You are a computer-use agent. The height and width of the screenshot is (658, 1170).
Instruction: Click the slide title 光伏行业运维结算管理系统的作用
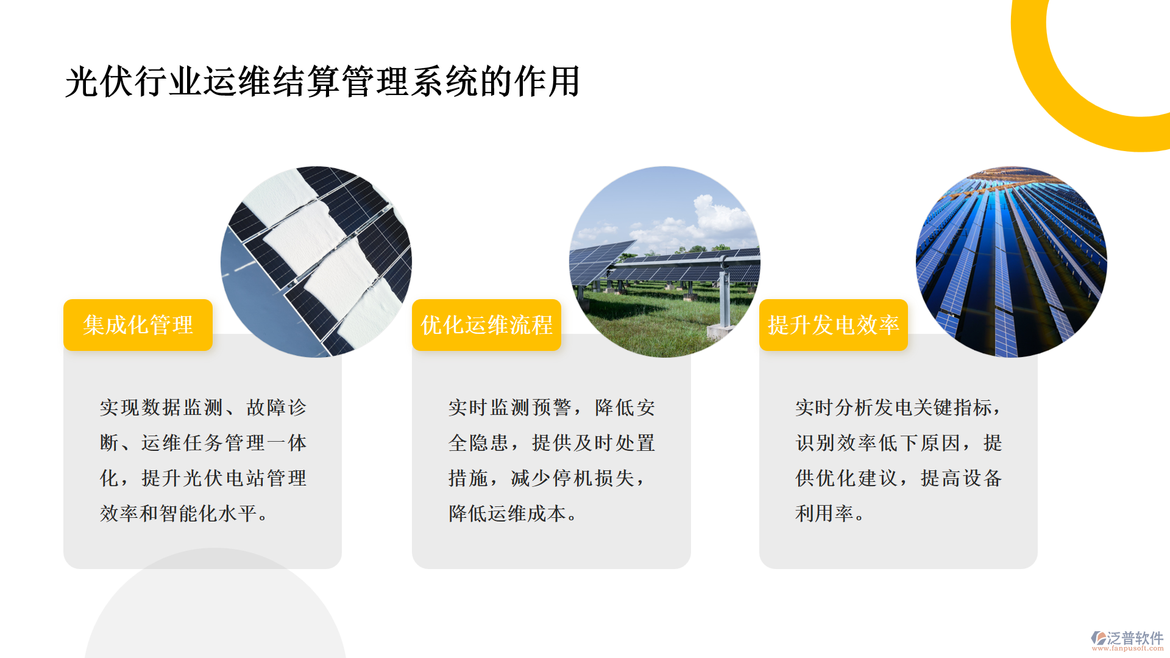click(x=322, y=82)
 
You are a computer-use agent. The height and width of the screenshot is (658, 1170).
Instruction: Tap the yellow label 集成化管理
click(x=138, y=325)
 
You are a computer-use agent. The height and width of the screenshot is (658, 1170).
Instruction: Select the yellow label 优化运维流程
click(x=486, y=325)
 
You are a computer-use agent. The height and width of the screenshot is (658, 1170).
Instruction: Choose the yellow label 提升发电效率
click(x=834, y=325)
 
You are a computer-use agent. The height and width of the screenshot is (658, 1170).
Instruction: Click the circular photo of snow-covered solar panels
click(x=316, y=262)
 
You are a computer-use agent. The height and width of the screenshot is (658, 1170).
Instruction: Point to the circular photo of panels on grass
click(x=665, y=262)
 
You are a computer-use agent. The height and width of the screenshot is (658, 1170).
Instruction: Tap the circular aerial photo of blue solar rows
click(x=1012, y=262)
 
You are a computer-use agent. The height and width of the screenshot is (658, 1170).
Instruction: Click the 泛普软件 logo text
click(x=1135, y=638)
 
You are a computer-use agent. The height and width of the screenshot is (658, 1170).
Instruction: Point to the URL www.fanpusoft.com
click(x=1127, y=648)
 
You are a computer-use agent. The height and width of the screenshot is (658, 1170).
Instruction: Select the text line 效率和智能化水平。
click(x=184, y=514)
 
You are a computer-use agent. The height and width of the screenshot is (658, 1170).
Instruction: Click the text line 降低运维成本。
click(x=513, y=514)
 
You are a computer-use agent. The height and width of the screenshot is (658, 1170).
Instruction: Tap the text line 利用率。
click(x=830, y=514)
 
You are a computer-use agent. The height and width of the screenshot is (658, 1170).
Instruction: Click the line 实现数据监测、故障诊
click(x=204, y=408)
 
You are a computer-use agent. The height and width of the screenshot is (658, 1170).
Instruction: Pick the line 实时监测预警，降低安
click(x=552, y=408)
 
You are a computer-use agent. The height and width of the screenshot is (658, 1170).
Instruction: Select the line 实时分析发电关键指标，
click(x=898, y=408)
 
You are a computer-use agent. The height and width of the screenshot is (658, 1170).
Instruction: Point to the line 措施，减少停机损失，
click(x=547, y=478)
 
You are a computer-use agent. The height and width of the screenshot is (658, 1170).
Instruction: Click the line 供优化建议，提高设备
click(x=899, y=478)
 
